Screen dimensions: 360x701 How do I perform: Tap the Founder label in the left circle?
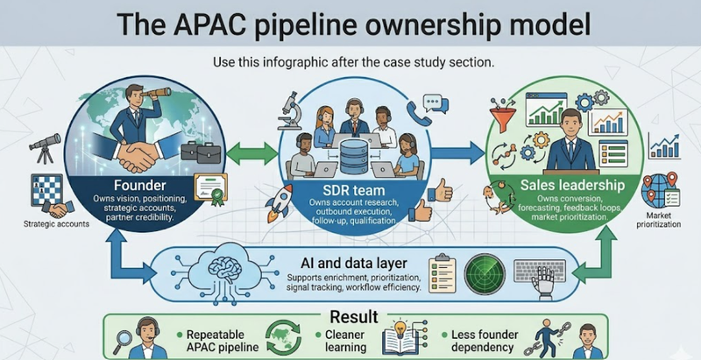[141, 186]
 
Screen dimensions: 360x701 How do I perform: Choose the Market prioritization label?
[664, 220]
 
